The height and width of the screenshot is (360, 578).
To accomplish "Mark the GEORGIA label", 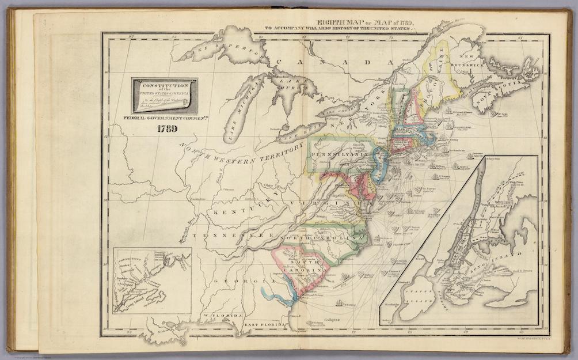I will click(237, 281).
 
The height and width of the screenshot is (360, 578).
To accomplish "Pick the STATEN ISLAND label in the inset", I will click(422, 300).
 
